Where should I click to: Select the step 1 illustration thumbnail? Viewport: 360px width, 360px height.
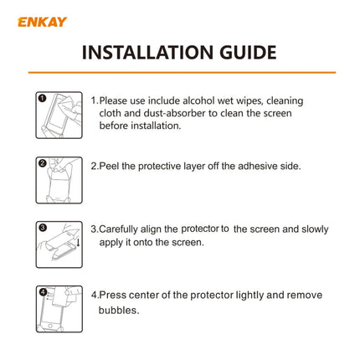(x=59, y=115)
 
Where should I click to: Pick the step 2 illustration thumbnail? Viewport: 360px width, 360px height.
(x=59, y=180)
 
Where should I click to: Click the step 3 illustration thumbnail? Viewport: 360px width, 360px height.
(x=59, y=244)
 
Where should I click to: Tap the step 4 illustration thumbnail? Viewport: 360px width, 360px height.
(x=59, y=310)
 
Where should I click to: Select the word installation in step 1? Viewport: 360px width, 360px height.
(x=155, y=126)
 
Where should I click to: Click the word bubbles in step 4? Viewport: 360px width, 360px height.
(x=120, y=310)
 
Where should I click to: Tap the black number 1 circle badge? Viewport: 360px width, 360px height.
(x=41, y=97)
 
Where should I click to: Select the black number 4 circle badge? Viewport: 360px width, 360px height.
(x=41, y=291)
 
